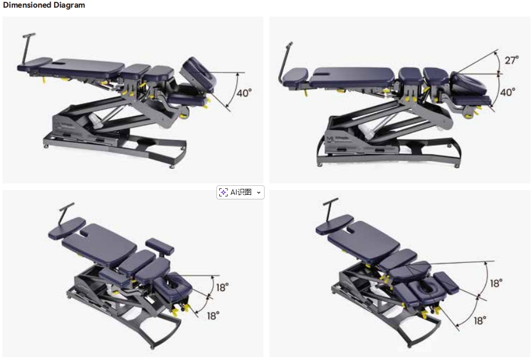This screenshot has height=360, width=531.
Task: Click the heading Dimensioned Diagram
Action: (x=44, y=5)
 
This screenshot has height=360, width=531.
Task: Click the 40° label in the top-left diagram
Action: (x=244, y=93)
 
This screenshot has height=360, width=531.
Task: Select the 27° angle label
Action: (x=512, y=60)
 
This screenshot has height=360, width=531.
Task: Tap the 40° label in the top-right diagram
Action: (x=507, y=92)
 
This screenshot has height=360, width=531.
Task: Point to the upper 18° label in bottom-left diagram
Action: (x=222, y=288)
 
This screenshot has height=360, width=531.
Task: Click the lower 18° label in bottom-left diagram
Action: (x=213, y=316)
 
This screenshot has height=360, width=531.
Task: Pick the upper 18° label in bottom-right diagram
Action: (x=496, y=283)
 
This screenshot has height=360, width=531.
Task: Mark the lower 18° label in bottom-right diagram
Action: (x=480, y=321)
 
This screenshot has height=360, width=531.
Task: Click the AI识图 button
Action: (x=241, y=192)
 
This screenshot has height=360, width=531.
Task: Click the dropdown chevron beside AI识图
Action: (x=259, y=193)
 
